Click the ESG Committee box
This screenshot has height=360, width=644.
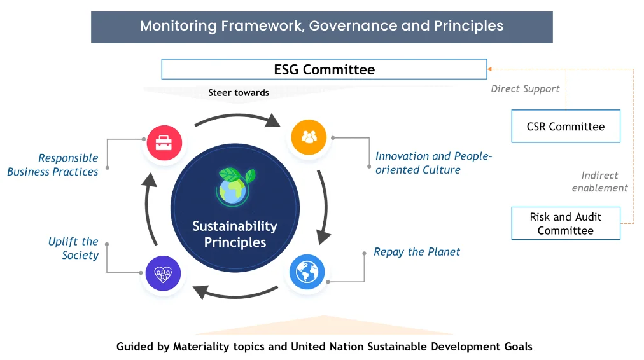click(324, 69)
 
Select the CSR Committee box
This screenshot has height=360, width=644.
click(566, 126)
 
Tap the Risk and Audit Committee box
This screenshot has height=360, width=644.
click(566, 223)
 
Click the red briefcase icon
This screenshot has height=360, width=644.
click(164, 142)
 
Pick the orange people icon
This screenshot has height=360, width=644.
click(309, 137)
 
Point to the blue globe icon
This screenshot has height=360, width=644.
click(307, 272)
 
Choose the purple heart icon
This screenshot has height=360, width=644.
click(163, 273)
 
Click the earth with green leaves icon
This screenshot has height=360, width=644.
click(235, 186)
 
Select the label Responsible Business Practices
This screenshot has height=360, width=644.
click(53, 165)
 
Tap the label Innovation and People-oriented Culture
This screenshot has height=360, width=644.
click(433, 163)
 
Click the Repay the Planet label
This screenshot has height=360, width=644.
click(416, 252)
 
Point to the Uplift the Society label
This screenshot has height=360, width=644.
click(74, 248)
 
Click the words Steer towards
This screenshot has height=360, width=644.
click(239, 93)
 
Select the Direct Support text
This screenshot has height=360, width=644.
click(525, 88)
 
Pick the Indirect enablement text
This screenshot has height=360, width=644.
click(599, 181)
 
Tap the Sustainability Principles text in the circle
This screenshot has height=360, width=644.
click(235, 234)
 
